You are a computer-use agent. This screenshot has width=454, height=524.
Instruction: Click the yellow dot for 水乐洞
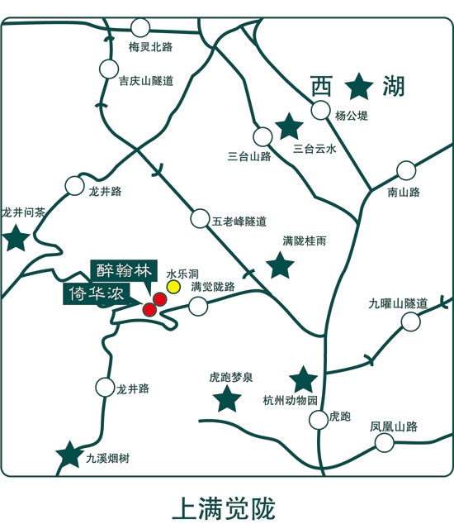point(173,286)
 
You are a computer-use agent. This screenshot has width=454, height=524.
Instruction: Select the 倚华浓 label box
point(88,295)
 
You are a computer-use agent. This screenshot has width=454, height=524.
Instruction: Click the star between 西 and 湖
point(359,85)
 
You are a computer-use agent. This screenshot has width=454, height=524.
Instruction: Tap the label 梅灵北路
point(151,48)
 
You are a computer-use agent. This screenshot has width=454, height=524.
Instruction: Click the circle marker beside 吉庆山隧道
point(108,69)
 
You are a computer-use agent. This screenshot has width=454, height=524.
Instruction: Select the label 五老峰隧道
point(239,222)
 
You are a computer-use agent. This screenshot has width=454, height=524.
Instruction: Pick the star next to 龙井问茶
point(15,240)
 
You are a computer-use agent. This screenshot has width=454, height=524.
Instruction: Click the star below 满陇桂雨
point(281,266)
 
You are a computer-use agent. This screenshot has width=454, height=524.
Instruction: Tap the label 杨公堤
point(351,117)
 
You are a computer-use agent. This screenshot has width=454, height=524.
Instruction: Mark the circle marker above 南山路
point(405,170)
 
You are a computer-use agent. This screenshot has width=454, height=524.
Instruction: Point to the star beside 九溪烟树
point(69,455)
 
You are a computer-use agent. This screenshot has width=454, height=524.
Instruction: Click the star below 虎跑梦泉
point(227,400)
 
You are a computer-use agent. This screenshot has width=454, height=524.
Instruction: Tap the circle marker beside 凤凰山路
point(384,443)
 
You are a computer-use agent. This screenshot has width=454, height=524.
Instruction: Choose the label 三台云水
point(315,150)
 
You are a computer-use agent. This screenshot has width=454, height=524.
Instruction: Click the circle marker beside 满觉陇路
point(197,307)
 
